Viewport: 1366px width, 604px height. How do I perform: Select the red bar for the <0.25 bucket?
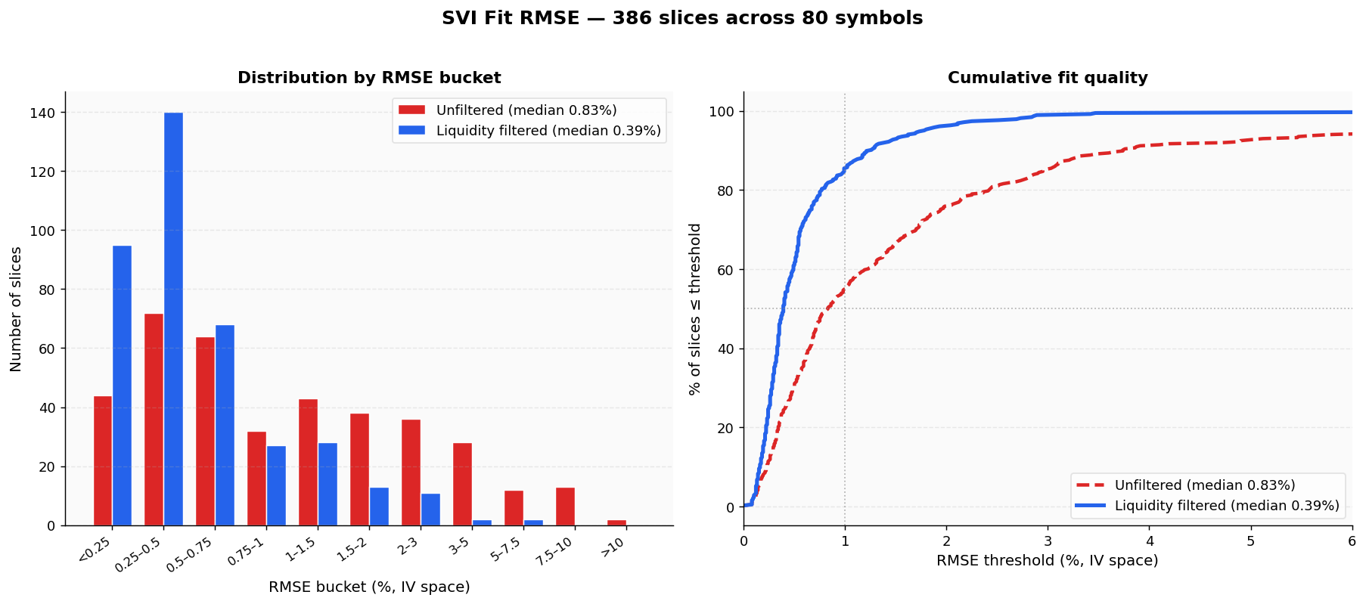tap(103, 460)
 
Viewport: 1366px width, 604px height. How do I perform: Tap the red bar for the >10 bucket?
tap(616, 522)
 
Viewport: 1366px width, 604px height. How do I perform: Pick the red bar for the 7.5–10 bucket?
tap(565, 506)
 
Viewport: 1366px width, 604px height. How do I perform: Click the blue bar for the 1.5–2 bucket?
tap(379, 506)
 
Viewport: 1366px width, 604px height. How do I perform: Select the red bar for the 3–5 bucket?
tap(462, 484)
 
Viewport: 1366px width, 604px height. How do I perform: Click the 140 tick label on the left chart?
tap(42, 113)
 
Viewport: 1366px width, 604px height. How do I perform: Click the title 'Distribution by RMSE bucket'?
tap(369, 78)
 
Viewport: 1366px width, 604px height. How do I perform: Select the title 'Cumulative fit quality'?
tap(1048, 78)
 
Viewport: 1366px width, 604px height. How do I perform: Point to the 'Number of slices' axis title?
tap(16, 309)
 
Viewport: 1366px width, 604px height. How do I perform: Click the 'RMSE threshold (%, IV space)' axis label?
tap(1047, 561)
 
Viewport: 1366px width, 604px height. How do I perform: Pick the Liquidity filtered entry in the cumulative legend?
tap(1226, 506)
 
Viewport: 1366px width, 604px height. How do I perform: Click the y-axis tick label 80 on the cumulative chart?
tap(725, 190)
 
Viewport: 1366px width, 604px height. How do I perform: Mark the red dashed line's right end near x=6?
tap(1351, 134)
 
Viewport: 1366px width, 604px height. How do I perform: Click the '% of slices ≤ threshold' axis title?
tap(695, 309)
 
